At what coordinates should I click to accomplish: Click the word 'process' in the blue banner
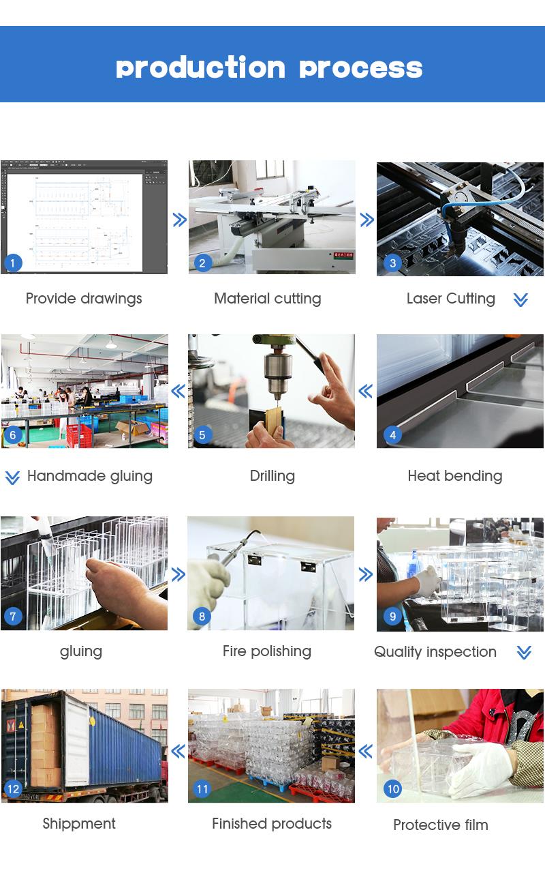(361, 69)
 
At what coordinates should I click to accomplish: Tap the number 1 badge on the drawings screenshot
(13, 263)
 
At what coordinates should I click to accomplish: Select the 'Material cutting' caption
(268, 299)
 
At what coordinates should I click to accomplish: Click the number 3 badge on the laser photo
(393, 263)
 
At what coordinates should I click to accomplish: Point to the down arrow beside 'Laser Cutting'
(520, 299)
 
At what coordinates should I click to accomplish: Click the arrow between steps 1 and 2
(179, 220)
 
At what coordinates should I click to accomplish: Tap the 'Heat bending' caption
(454, 476)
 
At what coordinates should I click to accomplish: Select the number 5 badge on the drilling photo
(202, 435)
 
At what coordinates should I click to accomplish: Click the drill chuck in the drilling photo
(277, 374)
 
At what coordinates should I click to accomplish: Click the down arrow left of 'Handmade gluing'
(12, 477)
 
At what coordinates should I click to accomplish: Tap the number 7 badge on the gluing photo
(13, 616)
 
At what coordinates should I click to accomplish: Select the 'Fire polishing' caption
(266, 651)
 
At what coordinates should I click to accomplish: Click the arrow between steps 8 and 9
(366, 574)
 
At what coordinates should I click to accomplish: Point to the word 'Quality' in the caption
(397, 652)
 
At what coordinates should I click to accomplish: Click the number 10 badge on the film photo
(393, 789)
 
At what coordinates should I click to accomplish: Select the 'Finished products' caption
(272, 823)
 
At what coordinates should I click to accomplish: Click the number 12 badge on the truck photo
(13, 789)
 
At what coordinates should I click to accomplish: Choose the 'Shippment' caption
(79, 824)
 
